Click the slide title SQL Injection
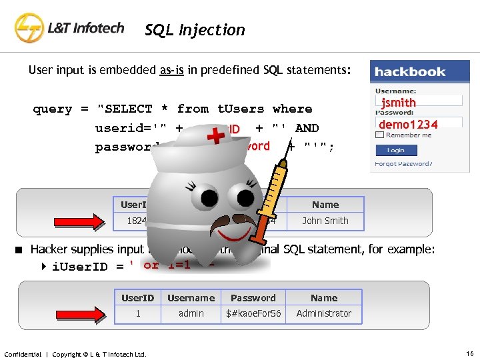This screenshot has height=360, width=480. click(x=195, y=30)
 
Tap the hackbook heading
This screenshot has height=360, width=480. click(x=409, y=71)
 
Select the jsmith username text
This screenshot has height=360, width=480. click(x=398, y=102)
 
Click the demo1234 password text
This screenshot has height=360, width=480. click(x=408, y=124)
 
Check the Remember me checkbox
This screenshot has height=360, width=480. click(x=379, y=135)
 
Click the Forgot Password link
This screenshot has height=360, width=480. click(x=403, y=164)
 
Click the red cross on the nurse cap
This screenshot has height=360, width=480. click(x=215, y=138)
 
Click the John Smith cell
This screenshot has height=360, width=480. click(x=325, y=221)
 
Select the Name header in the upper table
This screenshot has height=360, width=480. click(x=325, y=205)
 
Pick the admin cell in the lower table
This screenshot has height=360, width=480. click(x=191, y=313)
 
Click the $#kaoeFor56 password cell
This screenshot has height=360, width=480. click(x=253, y=313)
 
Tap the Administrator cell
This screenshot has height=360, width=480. click(x=324, y=313)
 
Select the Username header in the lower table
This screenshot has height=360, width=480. click(x=191, y=298)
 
